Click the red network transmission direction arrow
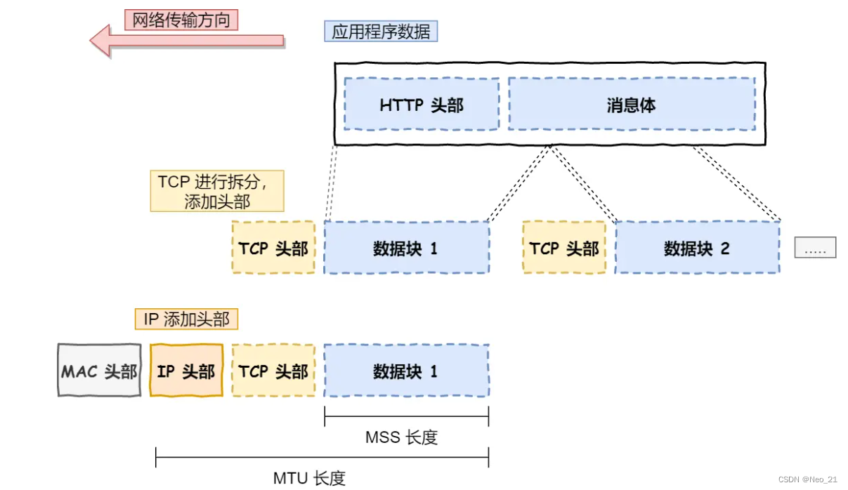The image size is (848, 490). point(186,40)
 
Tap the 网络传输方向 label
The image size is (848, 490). point(181,19)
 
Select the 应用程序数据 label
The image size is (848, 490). point(381,31)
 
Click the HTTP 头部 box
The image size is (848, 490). point(422,105)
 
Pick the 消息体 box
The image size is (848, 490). point(631,105)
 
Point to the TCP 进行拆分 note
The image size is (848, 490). point(217,190)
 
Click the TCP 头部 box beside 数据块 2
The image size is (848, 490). point(564,247)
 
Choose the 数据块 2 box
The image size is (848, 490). point(697,247)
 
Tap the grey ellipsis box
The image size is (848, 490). point(815,248)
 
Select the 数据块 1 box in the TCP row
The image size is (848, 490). point(406,247)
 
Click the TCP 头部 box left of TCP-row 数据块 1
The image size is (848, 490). point(273,247)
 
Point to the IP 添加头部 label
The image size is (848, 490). point(187,319)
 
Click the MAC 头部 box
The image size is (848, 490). point(99,371)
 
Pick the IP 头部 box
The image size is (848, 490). point(186,371)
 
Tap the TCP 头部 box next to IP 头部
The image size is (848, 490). point(273,371)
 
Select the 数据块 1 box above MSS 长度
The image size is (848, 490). point(406,371)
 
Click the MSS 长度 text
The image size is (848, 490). point(401,437)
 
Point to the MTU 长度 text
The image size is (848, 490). point(309,479)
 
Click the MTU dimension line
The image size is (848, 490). point(322,461)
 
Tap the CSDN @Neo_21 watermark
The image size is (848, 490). point(807,479)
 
